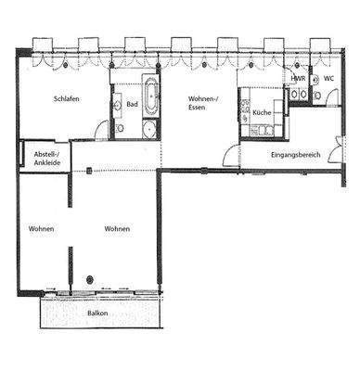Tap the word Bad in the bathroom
[x=132, y=105]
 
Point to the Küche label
[x=261, y=112]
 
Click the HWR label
[x=299, y=79]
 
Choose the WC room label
[x=328, y=79]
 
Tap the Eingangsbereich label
[x=295, y=154]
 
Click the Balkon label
[x=99, y=313]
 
